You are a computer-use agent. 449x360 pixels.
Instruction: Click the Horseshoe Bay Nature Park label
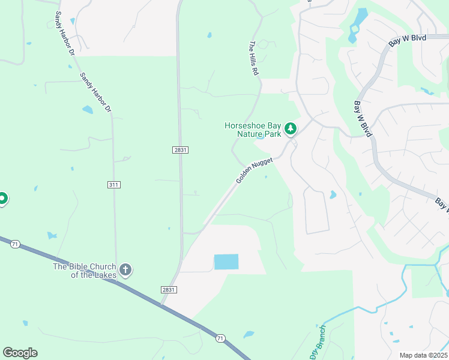(x=253, y=130)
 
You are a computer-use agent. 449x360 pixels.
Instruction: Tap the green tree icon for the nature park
(x=291, y=128)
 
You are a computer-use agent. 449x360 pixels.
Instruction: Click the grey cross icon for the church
(x=125, y=270)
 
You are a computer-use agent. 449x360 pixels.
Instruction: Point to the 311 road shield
(x=114, y=184)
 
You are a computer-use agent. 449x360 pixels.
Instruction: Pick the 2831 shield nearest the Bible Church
(x=169, y=289)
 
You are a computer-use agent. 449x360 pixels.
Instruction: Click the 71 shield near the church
(x=16, y=244)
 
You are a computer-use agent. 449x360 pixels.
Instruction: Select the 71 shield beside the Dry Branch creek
(x=220, y=338)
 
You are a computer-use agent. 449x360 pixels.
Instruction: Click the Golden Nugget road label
(x=254, y=170)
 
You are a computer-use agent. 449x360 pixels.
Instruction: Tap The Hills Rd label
(x=255, y=58)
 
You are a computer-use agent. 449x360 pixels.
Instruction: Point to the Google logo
(x=20, y=353)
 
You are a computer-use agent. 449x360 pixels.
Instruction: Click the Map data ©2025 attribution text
(x=423, y=355)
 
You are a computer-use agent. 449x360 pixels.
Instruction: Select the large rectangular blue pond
(x=226, y=262)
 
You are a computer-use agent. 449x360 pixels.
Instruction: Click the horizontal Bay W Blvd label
(x=408, y=38)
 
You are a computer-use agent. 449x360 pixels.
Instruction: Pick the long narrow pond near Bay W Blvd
(x=357, y=23)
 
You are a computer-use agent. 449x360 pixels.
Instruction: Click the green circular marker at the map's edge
(x=2, y=198)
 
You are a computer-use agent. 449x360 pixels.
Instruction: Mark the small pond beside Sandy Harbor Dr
(x=88, y=110)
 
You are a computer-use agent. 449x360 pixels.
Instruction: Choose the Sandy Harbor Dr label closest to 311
(x=96, y=92)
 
